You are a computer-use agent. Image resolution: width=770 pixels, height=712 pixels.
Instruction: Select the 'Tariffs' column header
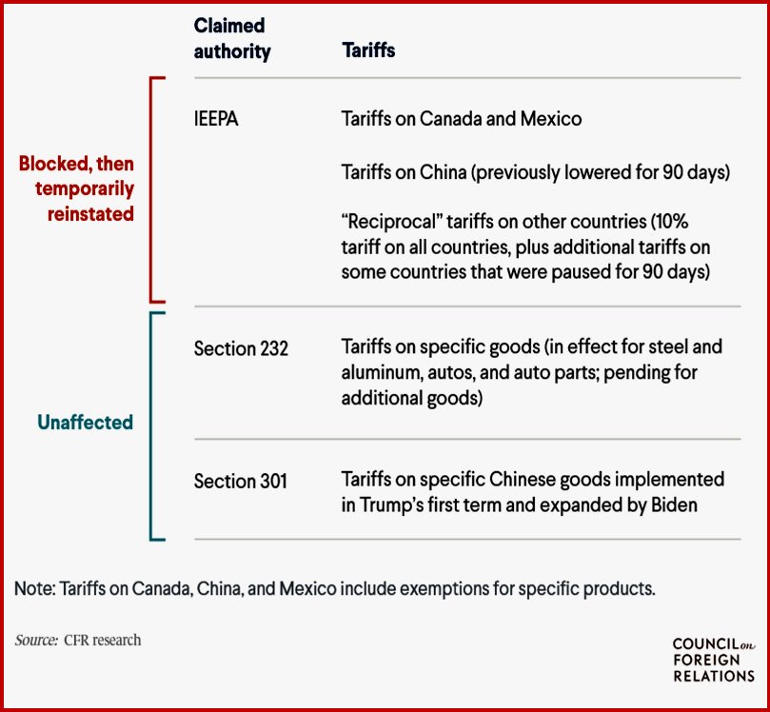point(368,51)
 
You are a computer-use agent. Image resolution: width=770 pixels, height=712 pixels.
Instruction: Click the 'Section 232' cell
point(241,348)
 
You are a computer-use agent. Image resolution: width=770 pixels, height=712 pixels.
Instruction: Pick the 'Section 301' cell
point(240,482)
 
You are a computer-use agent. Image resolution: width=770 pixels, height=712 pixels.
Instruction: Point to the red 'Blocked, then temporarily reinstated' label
point(77,188)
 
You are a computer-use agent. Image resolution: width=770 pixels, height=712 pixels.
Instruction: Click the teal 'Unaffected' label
point(85,422)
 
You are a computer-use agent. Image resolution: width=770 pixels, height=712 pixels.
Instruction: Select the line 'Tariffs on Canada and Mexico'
point(462,120)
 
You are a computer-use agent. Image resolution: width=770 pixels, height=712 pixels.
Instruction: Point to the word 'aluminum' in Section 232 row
point(384,373)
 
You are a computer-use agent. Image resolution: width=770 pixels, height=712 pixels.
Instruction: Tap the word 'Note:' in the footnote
point(34,588)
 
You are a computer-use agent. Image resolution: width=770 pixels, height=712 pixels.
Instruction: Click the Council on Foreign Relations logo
point(713,661)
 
